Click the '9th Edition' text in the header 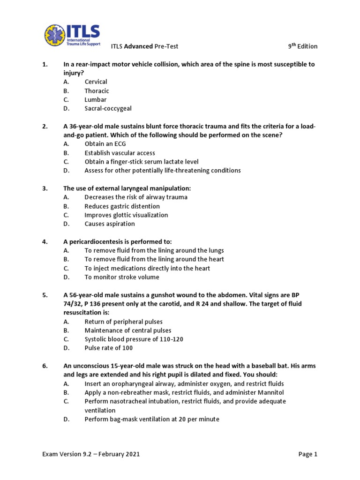pos(302,46)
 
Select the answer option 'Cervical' pos(96,82)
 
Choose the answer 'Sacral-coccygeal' pos(108,108)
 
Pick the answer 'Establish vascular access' pos(120,153)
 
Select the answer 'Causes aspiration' pos(110,224)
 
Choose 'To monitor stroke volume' pos(122,277)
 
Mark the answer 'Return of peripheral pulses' pos(124,322)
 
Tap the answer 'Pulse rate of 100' pos(109,348)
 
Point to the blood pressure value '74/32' pos(72,304)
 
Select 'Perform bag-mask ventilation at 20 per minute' pos(152,419)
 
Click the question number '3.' pos(45,188)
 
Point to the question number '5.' pos(45,295)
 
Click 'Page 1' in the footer pos(307,454)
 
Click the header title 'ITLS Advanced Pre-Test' pos(144,46)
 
